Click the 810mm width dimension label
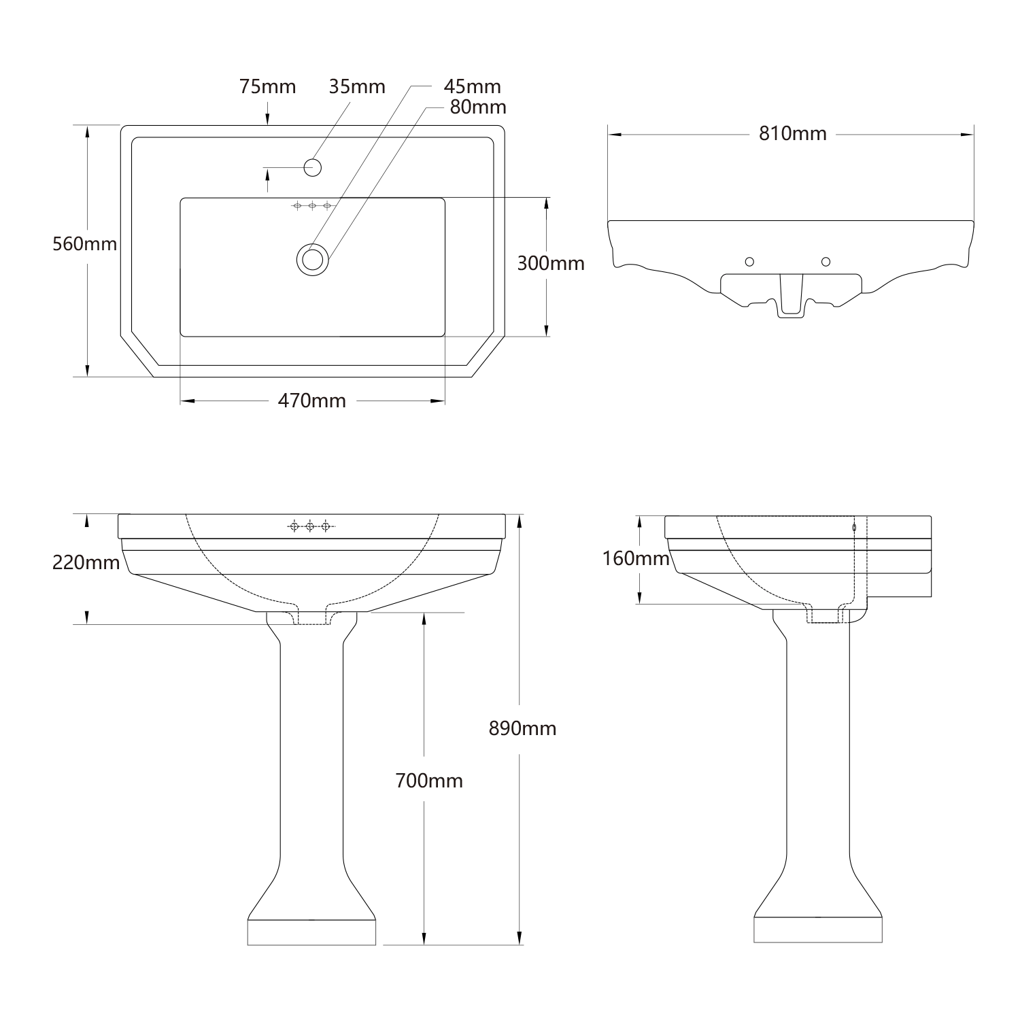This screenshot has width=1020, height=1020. point(793,134)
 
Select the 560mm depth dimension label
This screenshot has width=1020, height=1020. point(85,243)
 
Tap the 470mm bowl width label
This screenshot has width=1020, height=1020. point(311,401)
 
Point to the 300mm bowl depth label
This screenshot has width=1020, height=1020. point(551,263)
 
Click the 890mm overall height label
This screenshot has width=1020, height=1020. point(522,728)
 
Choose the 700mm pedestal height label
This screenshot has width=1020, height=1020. point(429,781)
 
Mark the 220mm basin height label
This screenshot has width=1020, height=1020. point(86,562)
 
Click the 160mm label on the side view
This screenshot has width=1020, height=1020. point(636,558)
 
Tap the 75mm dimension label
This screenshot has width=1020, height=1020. point(267,87)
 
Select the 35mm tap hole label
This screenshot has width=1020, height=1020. point(357,87)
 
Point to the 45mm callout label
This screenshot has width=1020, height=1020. point(472,87)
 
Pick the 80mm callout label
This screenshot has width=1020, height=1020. point(477,107)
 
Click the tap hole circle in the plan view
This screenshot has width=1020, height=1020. point(313,167)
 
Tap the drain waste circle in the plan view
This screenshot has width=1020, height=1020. point(313,259)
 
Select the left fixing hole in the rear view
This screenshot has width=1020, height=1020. point(750,262)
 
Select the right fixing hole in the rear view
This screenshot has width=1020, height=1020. point(826,262)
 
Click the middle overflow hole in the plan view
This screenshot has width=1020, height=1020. point(312,205)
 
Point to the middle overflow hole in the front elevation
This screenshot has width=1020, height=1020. point(310,526)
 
